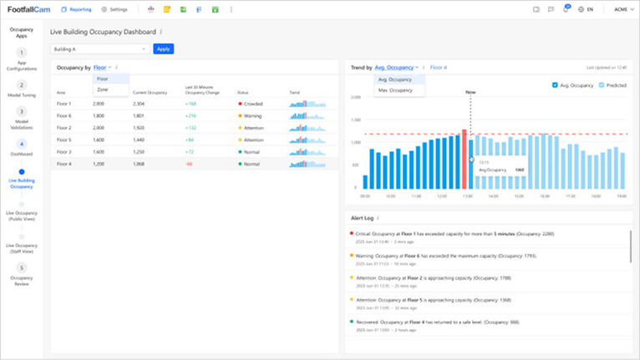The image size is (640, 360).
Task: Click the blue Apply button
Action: coord(164,49)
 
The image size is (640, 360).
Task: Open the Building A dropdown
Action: coord(99,49)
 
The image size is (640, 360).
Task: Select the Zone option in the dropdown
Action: coord(103,89)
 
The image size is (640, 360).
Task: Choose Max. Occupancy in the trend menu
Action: coord(395,89)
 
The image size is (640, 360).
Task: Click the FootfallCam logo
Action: coord(29,9)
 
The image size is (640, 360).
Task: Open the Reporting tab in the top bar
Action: coord(76,9)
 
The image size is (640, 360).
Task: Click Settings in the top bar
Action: coord(115,9)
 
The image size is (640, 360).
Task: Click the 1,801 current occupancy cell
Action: coord(139,116)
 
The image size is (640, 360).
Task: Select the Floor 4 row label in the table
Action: coord(64,165)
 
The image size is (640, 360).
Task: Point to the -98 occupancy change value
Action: coord(189,165)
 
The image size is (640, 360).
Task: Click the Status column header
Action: coord(243,93)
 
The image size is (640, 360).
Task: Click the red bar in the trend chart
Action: coord(465,160)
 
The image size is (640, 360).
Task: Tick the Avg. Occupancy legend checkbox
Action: coord(556,85)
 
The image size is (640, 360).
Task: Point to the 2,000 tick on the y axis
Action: coord(354,97)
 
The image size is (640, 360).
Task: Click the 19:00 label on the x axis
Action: coord(621,197)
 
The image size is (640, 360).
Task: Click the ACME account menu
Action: coord(622,9)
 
